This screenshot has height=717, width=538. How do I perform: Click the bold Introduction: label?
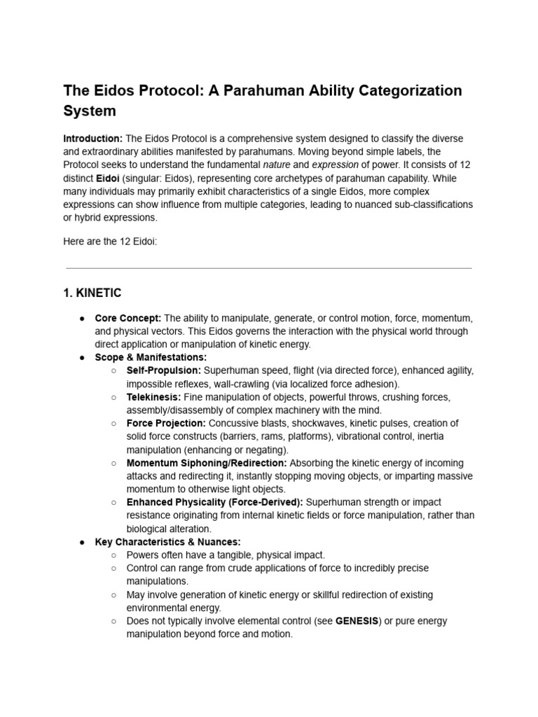93,139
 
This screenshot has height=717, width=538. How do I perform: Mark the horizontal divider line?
268,268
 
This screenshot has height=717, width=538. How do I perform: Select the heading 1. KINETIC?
92,293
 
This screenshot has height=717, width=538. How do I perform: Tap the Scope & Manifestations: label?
151,357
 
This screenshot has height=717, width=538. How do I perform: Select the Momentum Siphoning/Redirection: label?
207,463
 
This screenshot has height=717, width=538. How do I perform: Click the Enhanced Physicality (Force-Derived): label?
214,502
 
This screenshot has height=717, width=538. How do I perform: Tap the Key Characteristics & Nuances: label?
168,542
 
